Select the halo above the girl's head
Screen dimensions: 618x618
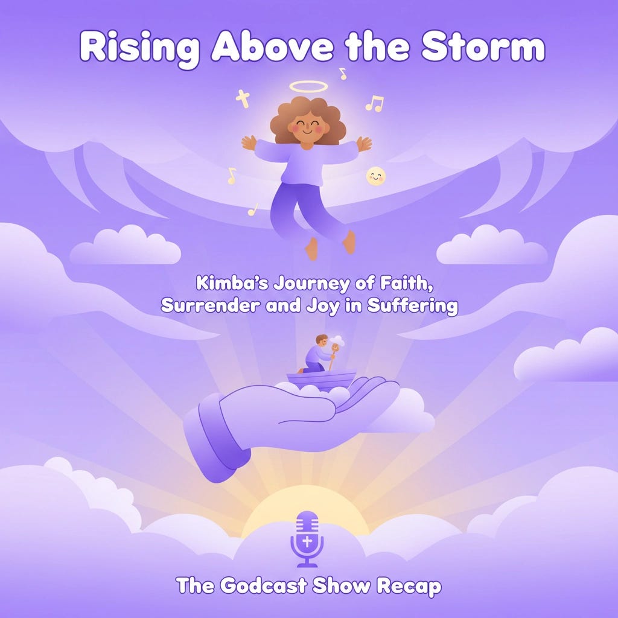click(x=308, y=86)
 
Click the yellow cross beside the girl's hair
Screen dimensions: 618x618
click(x=243, y=98)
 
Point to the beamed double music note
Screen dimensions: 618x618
click(x=375, y=104)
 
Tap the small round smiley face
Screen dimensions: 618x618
click(x=376, y=176)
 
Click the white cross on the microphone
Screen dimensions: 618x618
click(x=307, y=541)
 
